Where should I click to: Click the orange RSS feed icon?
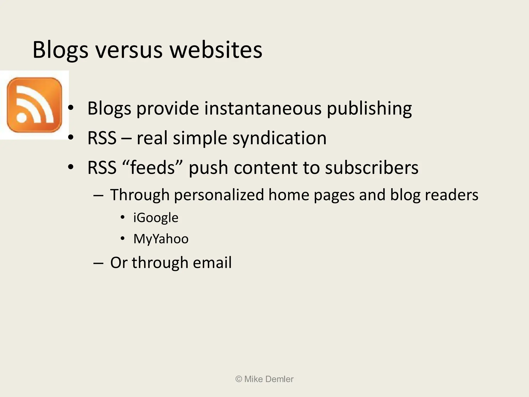tap(34, 105)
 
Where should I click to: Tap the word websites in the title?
tap(216, 50)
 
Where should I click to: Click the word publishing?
tap(369, 109)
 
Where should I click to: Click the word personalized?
tap(219, 195)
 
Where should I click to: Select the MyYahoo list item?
tap(161, 239)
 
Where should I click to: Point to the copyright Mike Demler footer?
tap(264, 379)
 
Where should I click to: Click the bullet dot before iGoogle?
tap(123, 217)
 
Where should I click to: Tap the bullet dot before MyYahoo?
tap(123, 238)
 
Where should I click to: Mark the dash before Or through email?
tap(98, 263)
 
